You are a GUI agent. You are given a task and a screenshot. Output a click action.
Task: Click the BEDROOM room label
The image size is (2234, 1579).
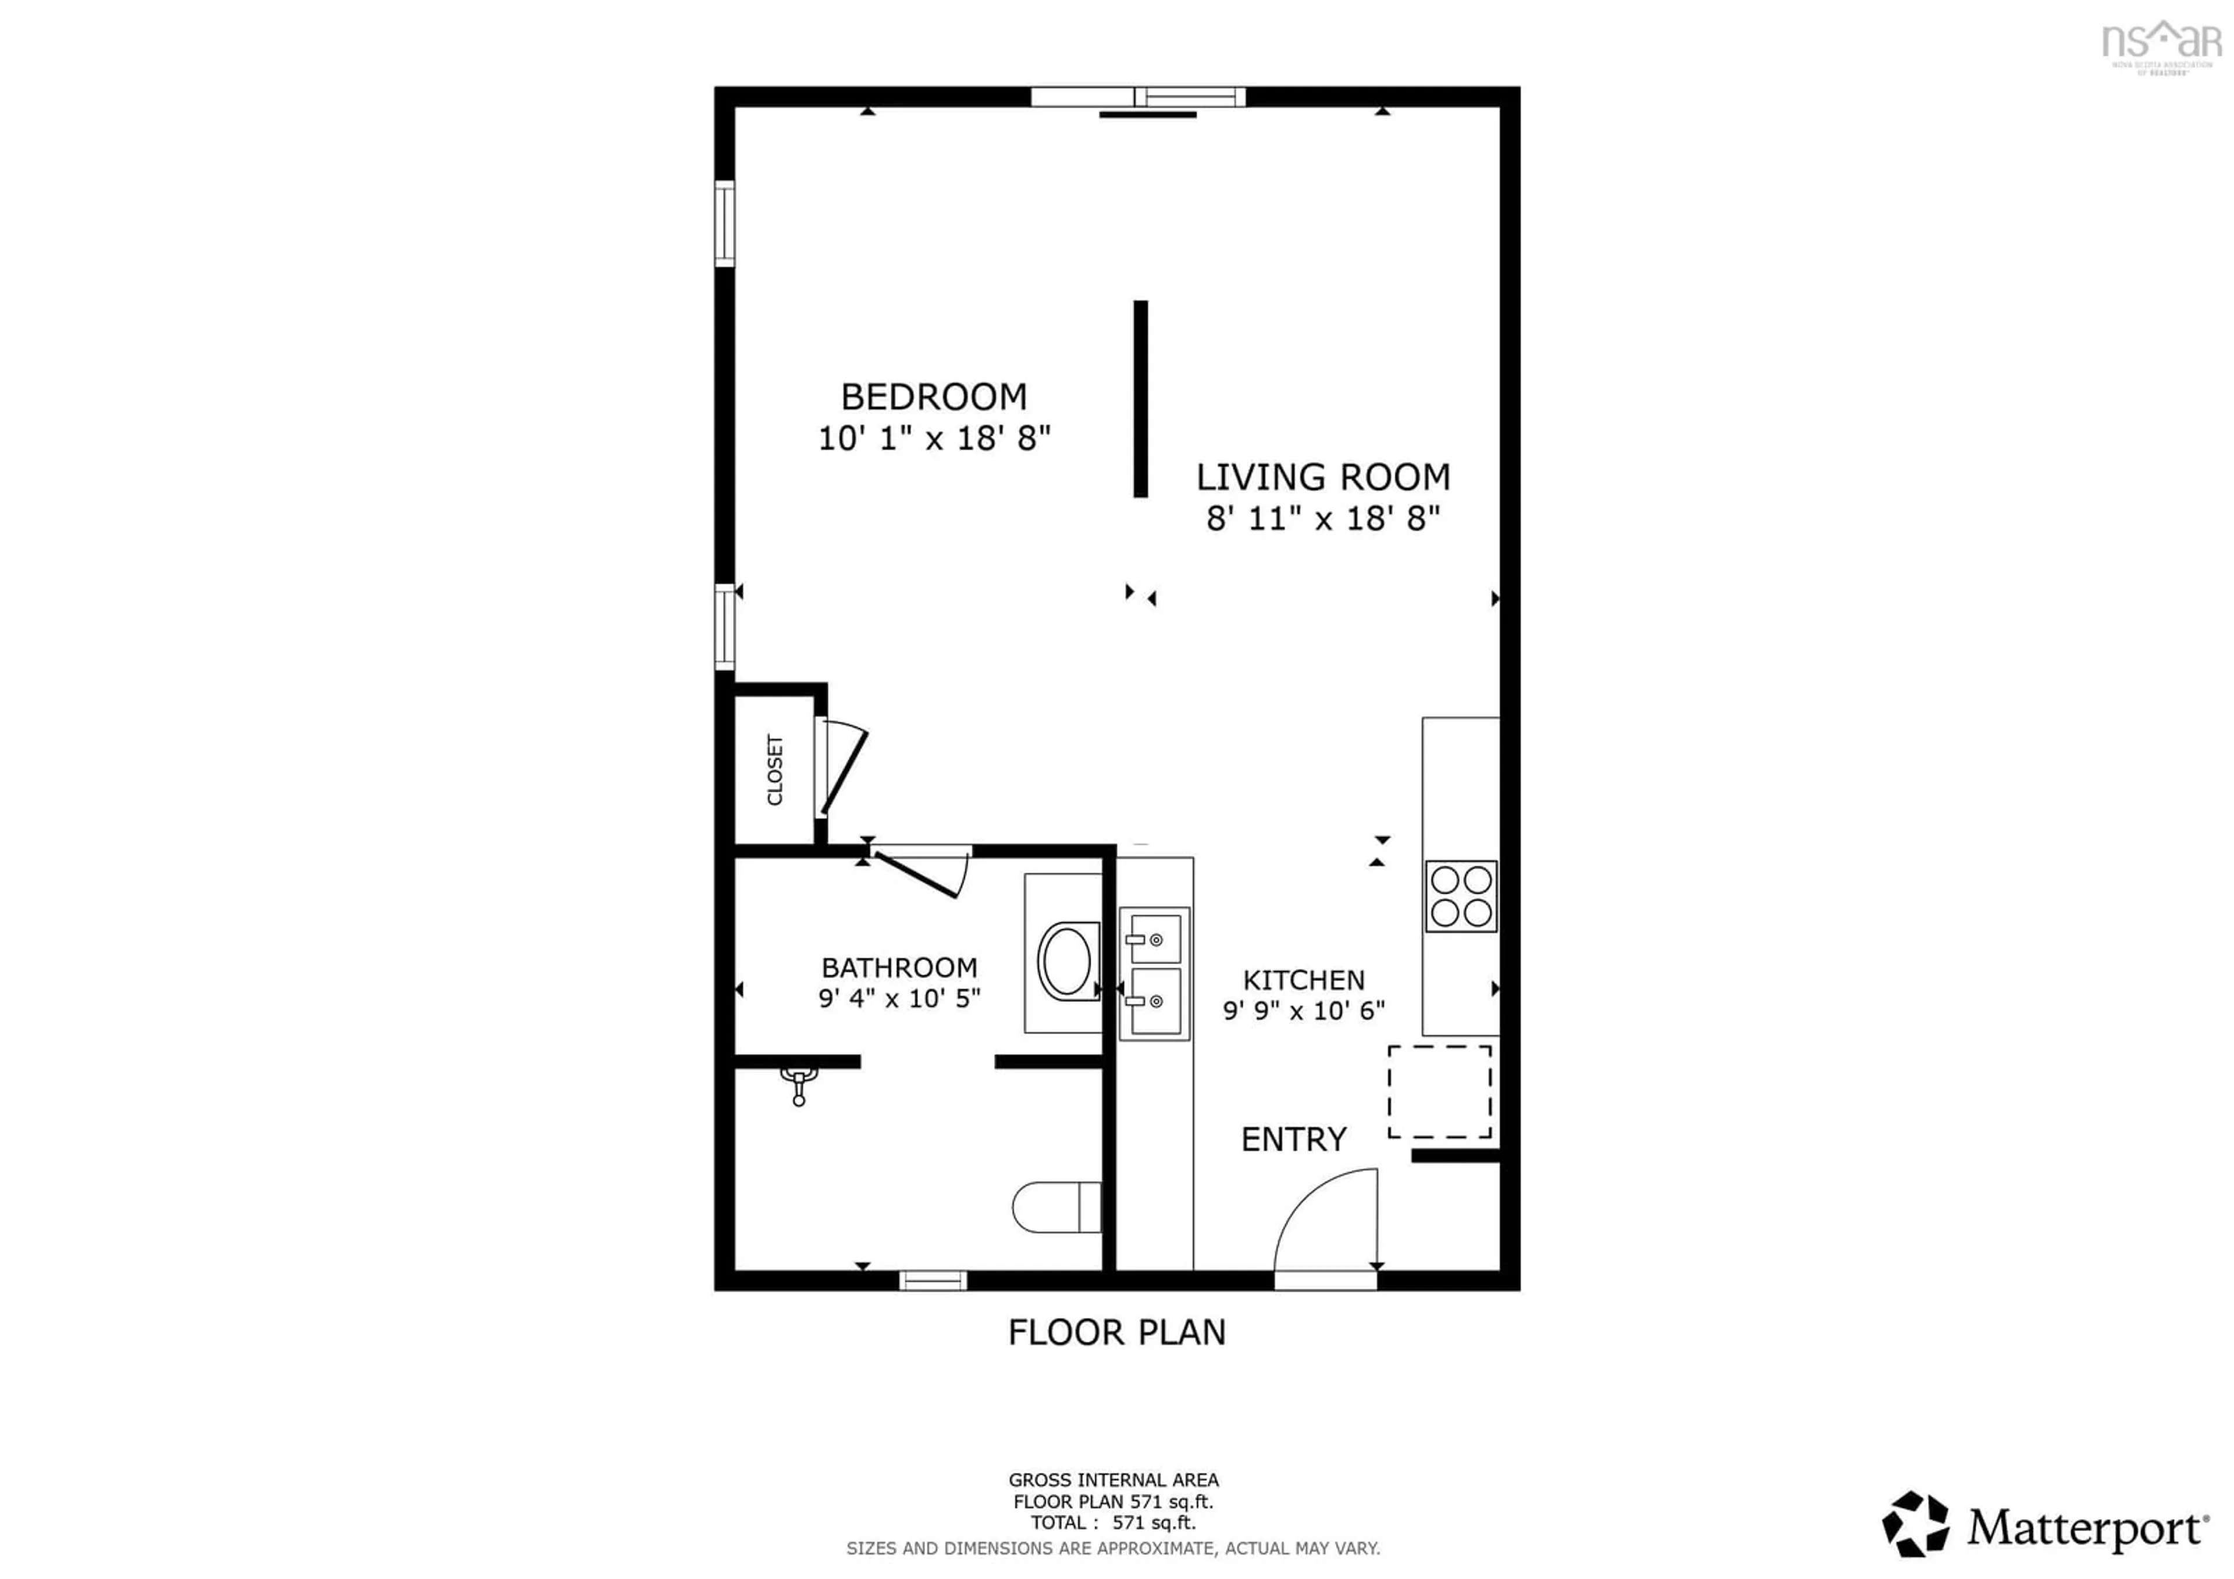933,397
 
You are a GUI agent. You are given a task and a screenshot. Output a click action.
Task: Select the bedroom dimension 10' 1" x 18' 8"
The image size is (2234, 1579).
933,439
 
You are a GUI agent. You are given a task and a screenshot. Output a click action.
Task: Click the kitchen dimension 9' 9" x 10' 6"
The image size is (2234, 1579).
1303,1011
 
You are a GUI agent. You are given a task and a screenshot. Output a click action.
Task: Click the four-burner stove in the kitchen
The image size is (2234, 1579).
1460,896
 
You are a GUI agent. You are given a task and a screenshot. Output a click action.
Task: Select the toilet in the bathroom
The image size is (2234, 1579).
1056,1207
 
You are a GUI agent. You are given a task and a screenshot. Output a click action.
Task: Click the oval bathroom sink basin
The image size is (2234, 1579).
1068,960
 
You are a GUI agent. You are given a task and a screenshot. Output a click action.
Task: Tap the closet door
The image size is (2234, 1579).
842,771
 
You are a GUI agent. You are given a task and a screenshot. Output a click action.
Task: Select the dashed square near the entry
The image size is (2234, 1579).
1439,1091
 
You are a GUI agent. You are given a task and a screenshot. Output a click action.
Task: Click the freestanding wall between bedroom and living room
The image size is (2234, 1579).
1140,399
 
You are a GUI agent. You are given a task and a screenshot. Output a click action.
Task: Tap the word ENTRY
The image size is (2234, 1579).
1293,1139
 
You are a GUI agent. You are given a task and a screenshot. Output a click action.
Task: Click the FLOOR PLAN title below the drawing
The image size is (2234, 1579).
1116,1332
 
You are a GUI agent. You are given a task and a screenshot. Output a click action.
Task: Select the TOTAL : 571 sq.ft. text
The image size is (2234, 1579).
1113,1523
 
